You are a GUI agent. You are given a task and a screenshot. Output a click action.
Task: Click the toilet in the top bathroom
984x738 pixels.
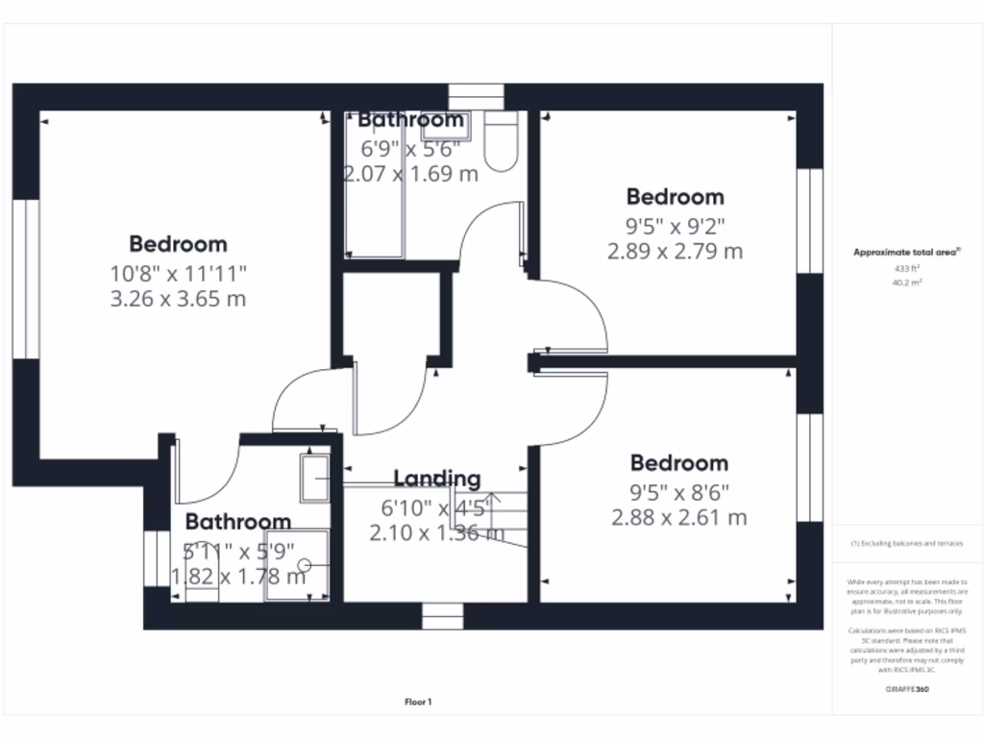coord(501,142)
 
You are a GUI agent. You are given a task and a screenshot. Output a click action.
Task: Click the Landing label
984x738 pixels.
coord(436,479)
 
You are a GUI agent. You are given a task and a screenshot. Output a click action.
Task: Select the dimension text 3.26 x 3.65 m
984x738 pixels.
coord(178,299)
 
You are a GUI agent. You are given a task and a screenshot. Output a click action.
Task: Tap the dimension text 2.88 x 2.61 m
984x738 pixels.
coord(678,518)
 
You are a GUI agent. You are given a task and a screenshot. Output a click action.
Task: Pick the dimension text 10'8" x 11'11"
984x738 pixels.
coord(178,273)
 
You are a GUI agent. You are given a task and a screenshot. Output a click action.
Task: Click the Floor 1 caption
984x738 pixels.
coord(418,702)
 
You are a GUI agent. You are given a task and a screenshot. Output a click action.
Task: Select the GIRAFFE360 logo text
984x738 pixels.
coord(907,689)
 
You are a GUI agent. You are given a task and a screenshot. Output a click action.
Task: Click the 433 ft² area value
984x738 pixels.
coord(907,270)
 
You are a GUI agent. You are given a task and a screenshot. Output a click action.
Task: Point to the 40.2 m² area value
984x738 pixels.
coord(907,283)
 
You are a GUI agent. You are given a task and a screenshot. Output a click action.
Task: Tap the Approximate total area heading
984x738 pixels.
coord(907,253)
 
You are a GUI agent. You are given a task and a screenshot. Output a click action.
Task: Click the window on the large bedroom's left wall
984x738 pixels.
coord(26,279)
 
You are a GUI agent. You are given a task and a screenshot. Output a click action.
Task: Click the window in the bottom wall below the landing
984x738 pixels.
coord(443,616)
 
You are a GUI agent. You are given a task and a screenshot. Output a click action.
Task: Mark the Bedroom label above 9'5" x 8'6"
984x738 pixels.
coord(678,463)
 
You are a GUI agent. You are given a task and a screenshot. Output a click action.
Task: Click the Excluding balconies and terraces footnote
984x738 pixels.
coord(907,544)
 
